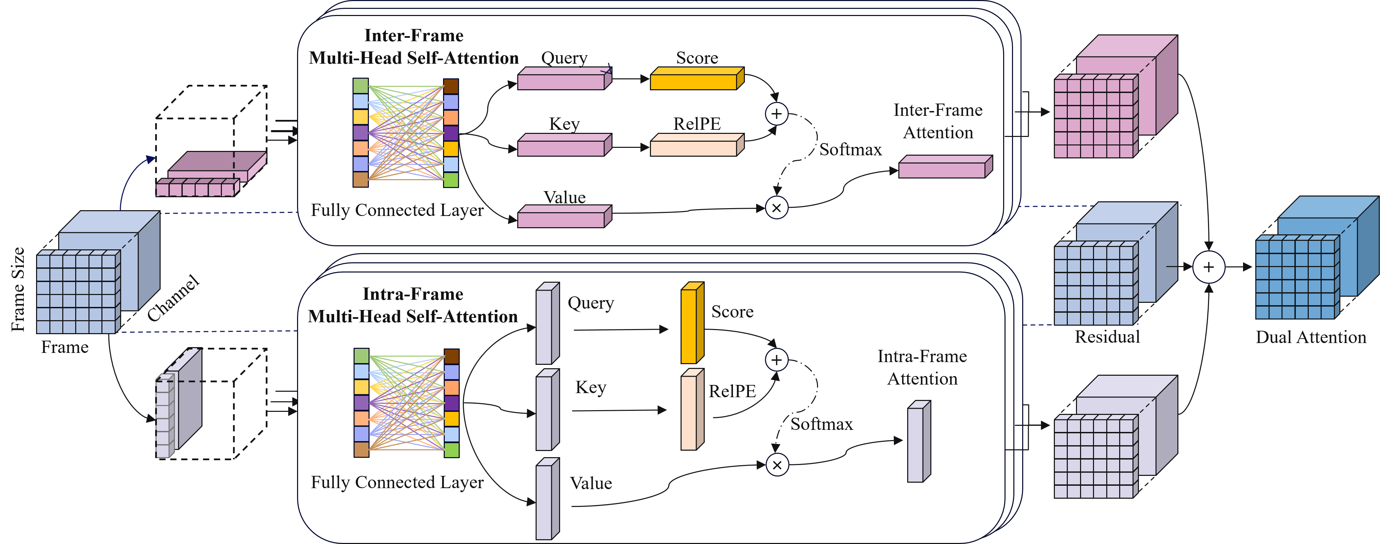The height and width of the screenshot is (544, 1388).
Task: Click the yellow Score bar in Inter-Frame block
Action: coord(695,79)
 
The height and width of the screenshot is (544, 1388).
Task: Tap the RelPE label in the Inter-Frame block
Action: coord(697,123)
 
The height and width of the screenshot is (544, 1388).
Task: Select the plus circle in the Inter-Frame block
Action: coord(777,114)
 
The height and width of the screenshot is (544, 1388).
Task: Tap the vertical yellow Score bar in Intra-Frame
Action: coord(691,324)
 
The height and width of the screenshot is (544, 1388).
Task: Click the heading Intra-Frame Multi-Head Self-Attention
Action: coord(413,305)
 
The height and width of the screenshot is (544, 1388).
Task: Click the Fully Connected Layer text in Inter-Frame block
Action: coord(397,210)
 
